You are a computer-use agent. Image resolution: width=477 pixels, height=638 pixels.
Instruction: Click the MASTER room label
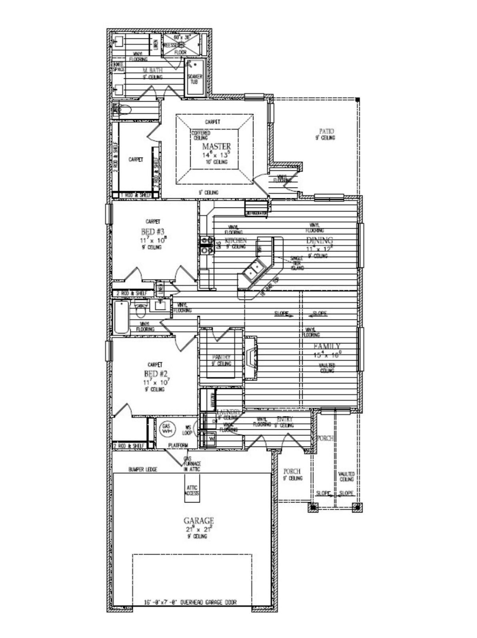click(216, 146)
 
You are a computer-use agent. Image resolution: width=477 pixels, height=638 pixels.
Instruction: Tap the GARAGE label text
click(199, 520)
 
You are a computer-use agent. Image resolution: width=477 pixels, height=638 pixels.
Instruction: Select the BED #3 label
click(153, 231)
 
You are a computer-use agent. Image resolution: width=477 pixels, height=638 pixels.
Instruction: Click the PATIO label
click(326, 131)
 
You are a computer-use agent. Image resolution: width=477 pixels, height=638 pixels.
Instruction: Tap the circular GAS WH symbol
click(166, 429)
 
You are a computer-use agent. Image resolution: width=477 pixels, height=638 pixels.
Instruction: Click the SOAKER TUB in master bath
click(195, 78)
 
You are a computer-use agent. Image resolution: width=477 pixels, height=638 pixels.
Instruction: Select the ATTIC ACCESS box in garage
click(192, 490)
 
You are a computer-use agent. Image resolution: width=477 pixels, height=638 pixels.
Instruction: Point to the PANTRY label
click(222, 357)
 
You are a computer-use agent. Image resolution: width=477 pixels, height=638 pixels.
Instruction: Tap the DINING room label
click(319, 240)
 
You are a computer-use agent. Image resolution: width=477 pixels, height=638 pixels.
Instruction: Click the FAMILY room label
click(327, 346)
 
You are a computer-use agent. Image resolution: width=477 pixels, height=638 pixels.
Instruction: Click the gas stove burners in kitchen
click(207, 245)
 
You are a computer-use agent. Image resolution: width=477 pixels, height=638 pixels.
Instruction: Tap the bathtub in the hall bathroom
click(122, 318)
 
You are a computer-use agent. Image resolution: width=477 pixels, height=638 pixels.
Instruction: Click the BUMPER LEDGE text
click(143, 469)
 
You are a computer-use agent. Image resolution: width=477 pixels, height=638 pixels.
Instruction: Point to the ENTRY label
click(285, 419)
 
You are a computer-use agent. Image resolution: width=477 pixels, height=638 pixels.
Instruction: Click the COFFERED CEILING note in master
click(200, 135)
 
